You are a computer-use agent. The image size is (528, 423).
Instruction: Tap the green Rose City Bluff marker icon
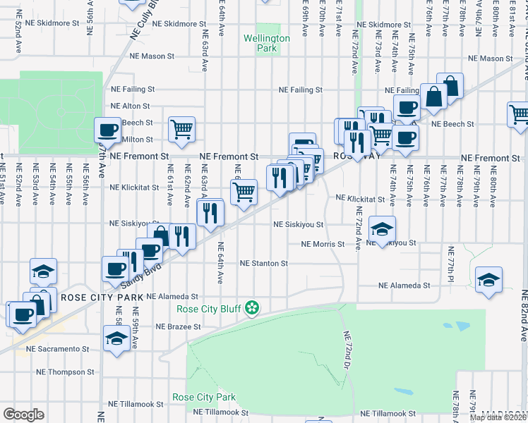[x=251, y=308]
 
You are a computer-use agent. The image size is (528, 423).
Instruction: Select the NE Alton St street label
[x=127, y=106]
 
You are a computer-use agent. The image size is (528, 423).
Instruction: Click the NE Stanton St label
[x=264, y=264]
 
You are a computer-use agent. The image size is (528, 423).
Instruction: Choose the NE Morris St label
[x=322, y=245]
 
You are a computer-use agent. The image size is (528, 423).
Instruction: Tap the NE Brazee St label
[x=179, y=327]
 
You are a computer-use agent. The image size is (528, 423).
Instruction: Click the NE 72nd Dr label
[x=347, y=345]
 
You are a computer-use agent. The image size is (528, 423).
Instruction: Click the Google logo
[x=23, y=414]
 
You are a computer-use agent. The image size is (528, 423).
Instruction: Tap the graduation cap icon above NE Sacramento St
[x=116, y=338]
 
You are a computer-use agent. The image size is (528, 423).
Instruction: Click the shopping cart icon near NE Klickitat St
[x=244, y=192]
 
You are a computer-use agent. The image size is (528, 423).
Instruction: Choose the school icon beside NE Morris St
[x=383, y=228]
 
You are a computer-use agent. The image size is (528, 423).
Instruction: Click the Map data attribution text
[x=498, y=417]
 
